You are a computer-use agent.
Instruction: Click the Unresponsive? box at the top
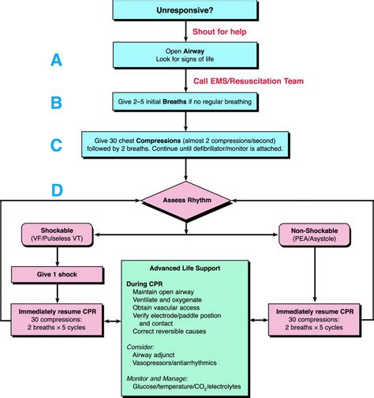[x=186, y=10]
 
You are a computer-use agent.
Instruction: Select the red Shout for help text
[x=217, y=32]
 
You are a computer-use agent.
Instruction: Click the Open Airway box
[x=186, y=55]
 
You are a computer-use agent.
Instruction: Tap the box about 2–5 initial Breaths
[x=186, y=102]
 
